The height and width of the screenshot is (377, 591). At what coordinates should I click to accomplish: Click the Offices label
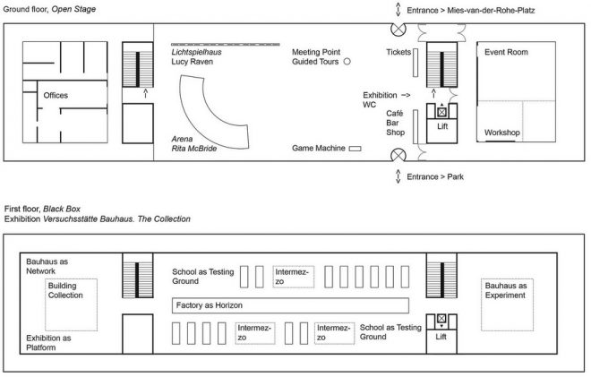[56, 95]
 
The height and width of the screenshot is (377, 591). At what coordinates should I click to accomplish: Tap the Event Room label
[506, 53]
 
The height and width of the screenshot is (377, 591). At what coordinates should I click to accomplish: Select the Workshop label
[501, 132]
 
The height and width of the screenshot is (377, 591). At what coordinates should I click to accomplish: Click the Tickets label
[398, 52]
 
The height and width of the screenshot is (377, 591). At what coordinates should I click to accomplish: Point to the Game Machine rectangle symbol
[355, 148]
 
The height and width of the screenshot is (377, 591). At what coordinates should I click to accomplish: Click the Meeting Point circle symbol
[347, 63]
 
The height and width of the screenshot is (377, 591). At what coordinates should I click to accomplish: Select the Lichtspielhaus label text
[196, 52]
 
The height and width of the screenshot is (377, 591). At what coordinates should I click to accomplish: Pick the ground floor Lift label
[441, 128]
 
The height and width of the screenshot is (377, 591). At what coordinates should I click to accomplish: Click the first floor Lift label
[441, 337]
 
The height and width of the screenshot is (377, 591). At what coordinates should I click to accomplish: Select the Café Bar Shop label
[396, 123]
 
